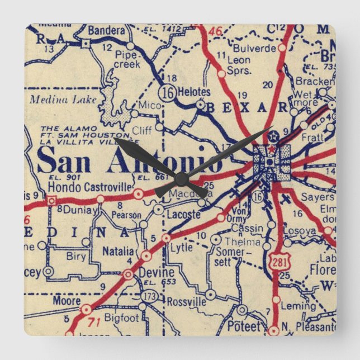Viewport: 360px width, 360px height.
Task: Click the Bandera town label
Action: click(x=106, y=30)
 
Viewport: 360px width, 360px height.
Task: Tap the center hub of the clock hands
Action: click(x=181, y=179)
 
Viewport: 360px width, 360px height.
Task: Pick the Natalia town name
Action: click(x=118, y=251)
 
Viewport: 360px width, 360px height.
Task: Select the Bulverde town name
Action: click(x=255, y=48)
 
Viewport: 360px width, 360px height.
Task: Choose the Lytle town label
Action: click(x=181, y=247)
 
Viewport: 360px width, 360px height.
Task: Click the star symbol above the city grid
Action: click(x=272, y=135)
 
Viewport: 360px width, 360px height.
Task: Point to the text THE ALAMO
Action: click(x=57, y=128)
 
